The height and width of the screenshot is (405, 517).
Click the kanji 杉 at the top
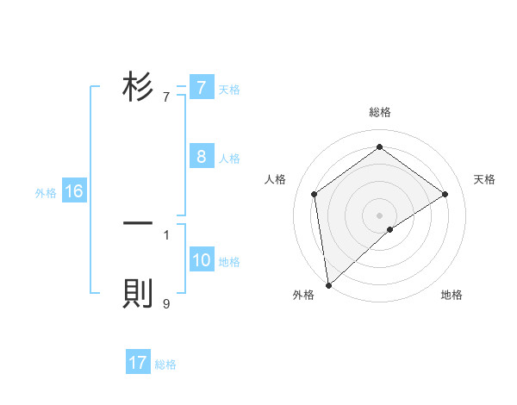click(x=138, y=88)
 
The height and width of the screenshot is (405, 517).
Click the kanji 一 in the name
click(x=138, y=223)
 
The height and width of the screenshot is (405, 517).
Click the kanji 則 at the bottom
click(x=138, y=294)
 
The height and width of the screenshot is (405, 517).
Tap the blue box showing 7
click(x=201, y=88)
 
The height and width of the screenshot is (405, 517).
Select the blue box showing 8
click(x=201, y=157)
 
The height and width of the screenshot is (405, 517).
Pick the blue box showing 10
click(x=201, y=260)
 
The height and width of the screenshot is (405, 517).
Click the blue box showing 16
click(x=73, y=192)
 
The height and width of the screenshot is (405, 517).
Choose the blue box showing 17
click(x=138, y=363)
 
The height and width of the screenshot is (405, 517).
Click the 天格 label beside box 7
click(x=229, y=89)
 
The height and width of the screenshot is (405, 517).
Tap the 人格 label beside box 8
click(x=229, y=159)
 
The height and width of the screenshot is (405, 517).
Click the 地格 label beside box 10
click(x=229, y=261)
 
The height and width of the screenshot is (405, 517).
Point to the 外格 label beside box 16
click(x=46, y=193)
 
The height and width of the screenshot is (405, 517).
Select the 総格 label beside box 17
click(x=165, y=364)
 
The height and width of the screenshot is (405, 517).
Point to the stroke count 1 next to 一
click(x=166, y=234)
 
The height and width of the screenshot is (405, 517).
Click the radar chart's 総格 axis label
click(x=379, y=112)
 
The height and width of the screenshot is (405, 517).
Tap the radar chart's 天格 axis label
click(x=484, y=179)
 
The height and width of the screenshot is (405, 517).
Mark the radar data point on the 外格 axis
click(x=328, y=285)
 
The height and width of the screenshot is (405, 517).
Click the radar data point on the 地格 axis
click(x=390, y=229)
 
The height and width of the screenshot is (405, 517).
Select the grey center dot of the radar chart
click(x=379, y=215)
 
